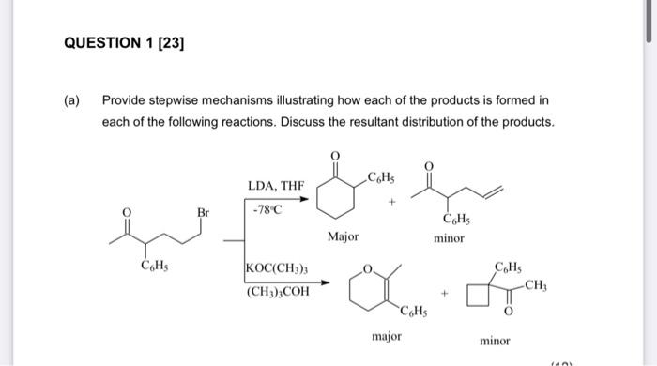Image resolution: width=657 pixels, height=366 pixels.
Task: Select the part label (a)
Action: coord(72,99)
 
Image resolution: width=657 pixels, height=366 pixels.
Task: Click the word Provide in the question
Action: coord(125,99)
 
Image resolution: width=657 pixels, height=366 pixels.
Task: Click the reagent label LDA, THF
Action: coord(275,186)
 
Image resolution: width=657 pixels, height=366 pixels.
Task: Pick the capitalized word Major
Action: coord(343,236)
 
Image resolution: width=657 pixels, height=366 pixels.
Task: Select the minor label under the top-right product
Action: coord(449,238)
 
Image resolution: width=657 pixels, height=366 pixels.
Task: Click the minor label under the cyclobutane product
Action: coord(495,341)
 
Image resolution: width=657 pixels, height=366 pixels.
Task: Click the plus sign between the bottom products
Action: coord(448,294)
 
